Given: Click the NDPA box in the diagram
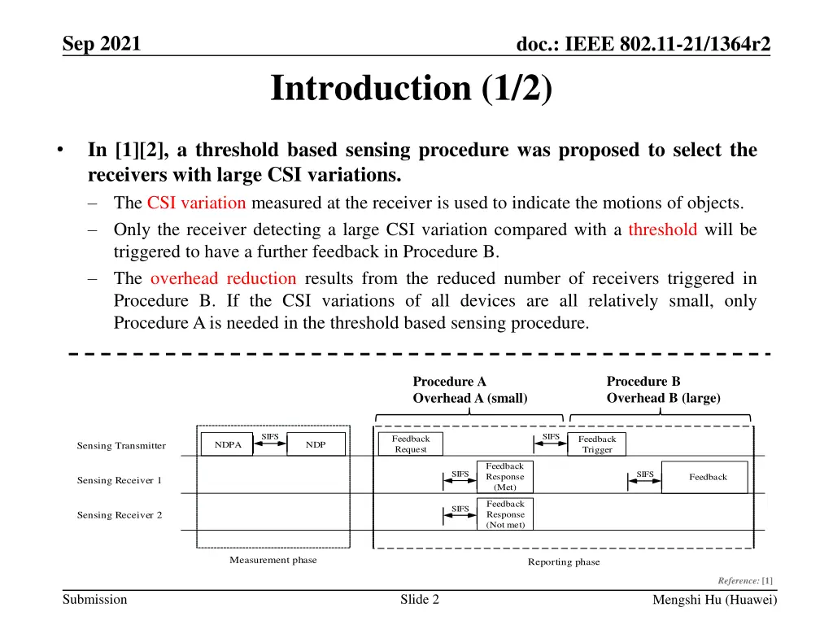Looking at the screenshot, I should tap(227, 444).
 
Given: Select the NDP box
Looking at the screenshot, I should tap(316, 444).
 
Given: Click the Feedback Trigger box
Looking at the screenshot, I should tap(597, 444).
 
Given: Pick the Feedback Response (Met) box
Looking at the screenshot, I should tap(504, 476).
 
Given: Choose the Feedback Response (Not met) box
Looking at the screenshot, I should tap(504, 514).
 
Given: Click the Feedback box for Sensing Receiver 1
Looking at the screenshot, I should tap(707, 477).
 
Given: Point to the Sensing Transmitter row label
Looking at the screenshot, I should tap(121, 445).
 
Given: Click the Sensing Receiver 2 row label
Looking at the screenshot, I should tap(120, 515).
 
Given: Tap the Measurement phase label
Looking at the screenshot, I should tap(273, 560).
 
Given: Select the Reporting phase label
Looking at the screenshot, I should tap(564, 562).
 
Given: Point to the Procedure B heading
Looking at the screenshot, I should tap(643, 381).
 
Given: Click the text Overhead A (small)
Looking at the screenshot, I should tap(470, 398).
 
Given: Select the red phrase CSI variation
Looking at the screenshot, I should tap(197, 203).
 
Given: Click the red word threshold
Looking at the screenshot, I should tap(662, 229).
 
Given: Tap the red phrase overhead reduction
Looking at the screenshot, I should tap(223, 278).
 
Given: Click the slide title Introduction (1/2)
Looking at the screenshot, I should tap(412, 89).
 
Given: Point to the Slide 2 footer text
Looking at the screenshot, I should tap(420, 600).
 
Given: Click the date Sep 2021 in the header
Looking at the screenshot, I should tap(101, 44).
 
